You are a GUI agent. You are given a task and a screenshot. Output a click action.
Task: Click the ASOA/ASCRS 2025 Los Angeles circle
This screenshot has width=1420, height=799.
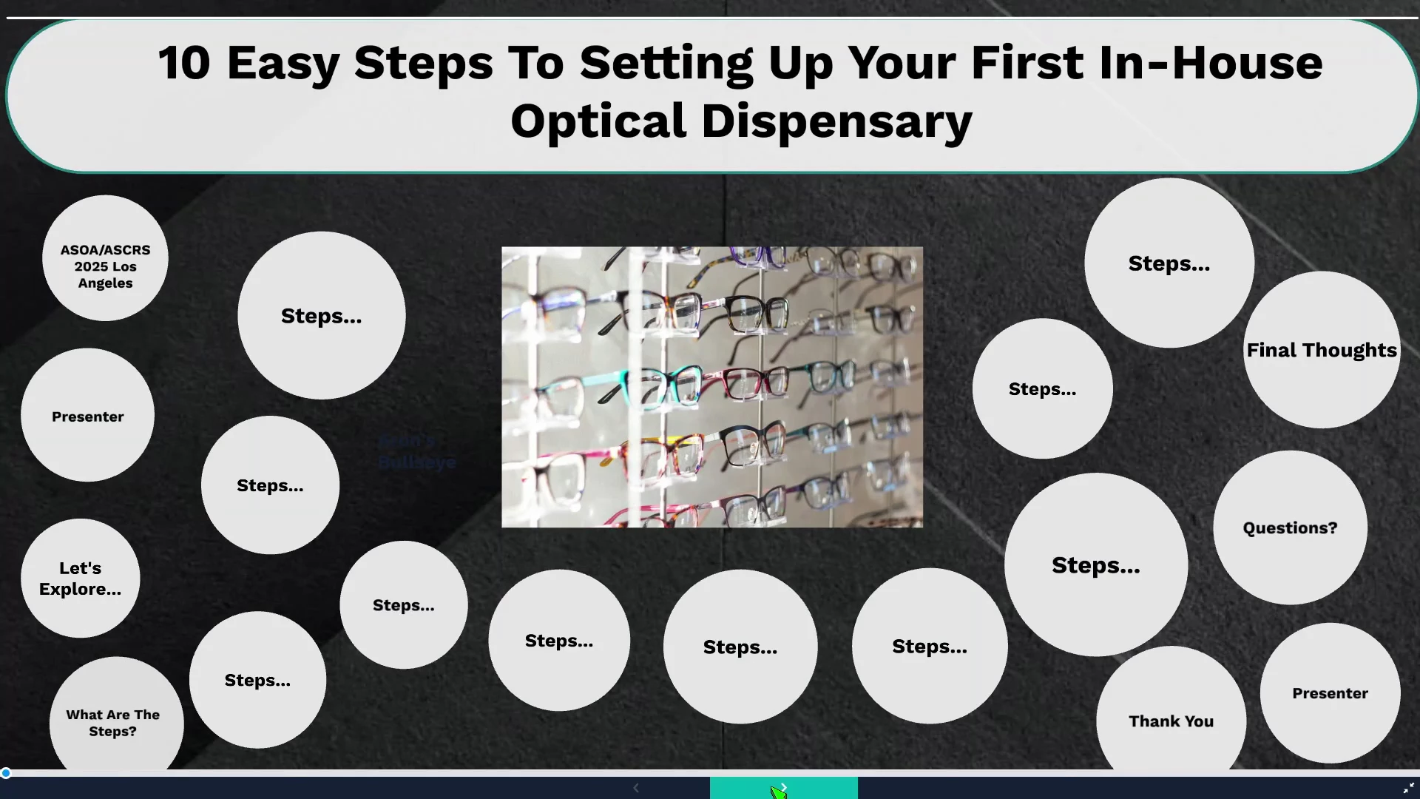[x=105, y=258]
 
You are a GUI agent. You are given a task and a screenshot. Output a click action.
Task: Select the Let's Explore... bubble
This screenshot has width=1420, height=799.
[x=80, y=578]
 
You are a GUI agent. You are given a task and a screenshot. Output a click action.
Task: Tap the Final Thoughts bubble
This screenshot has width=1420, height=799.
[x=1321, y=350]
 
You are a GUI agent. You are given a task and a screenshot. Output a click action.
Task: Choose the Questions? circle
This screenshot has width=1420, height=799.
[x=1290, y=527]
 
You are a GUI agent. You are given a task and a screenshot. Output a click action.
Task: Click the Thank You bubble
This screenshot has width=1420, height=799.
[x=1171, y=712]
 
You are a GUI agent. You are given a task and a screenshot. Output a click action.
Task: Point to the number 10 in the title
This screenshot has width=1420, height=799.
[x=184, y=63]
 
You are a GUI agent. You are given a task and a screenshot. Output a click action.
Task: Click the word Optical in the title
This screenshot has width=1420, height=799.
[x=598, y=122]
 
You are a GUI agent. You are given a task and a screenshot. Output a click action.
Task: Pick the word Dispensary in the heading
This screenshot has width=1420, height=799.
[x=836, y=122]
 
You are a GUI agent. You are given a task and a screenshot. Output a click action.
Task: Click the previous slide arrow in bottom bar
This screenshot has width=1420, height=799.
[x=636, y=788]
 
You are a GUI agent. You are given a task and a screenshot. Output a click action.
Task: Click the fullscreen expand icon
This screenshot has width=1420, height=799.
[x=1408, y=789]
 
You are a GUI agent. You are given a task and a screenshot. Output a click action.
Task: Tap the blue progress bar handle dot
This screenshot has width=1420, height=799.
[x=6, y=773]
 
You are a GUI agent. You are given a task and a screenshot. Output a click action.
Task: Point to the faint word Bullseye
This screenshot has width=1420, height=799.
[x=417, y=462]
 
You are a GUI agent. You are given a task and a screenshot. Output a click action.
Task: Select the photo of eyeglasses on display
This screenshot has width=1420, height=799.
[x=712, y=387]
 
